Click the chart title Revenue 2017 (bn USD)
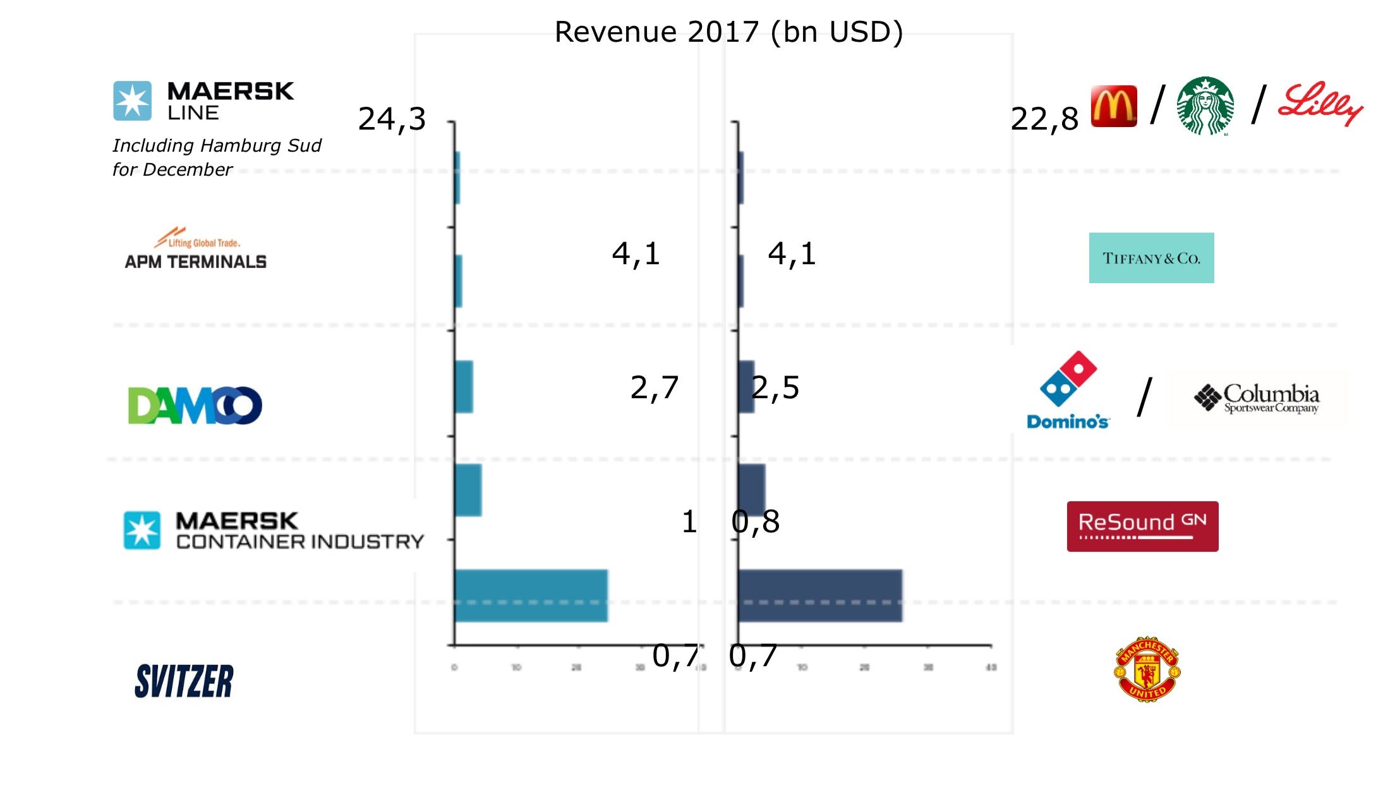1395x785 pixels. tap(728, 32)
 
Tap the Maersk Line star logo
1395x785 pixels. tap(132, 100)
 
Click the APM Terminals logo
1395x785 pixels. tap(195, 249)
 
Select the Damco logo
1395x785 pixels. tap(195, 405)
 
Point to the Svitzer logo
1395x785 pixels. tap(184, 681)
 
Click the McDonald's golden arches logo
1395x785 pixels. tap(1113, 106)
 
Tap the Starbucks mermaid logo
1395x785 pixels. tap(1205, 106)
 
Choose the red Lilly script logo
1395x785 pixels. tap(1319, 104)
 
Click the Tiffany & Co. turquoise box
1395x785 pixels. tap(1151, 258)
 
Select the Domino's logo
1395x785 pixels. tap(1068, 391)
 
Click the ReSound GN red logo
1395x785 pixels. tap(1142, 526)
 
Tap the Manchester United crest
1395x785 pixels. tap(1147, 669)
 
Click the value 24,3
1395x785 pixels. tap(392, 119)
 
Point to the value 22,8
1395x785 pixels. tap(1044, 119)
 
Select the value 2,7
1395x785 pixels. tap(654, 387)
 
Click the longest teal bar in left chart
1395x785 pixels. tap(531, 595)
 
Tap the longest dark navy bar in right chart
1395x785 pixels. tap(819, 595)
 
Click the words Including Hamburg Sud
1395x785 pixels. tap(217, 145)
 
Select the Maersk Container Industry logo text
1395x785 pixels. tap(299, 531)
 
